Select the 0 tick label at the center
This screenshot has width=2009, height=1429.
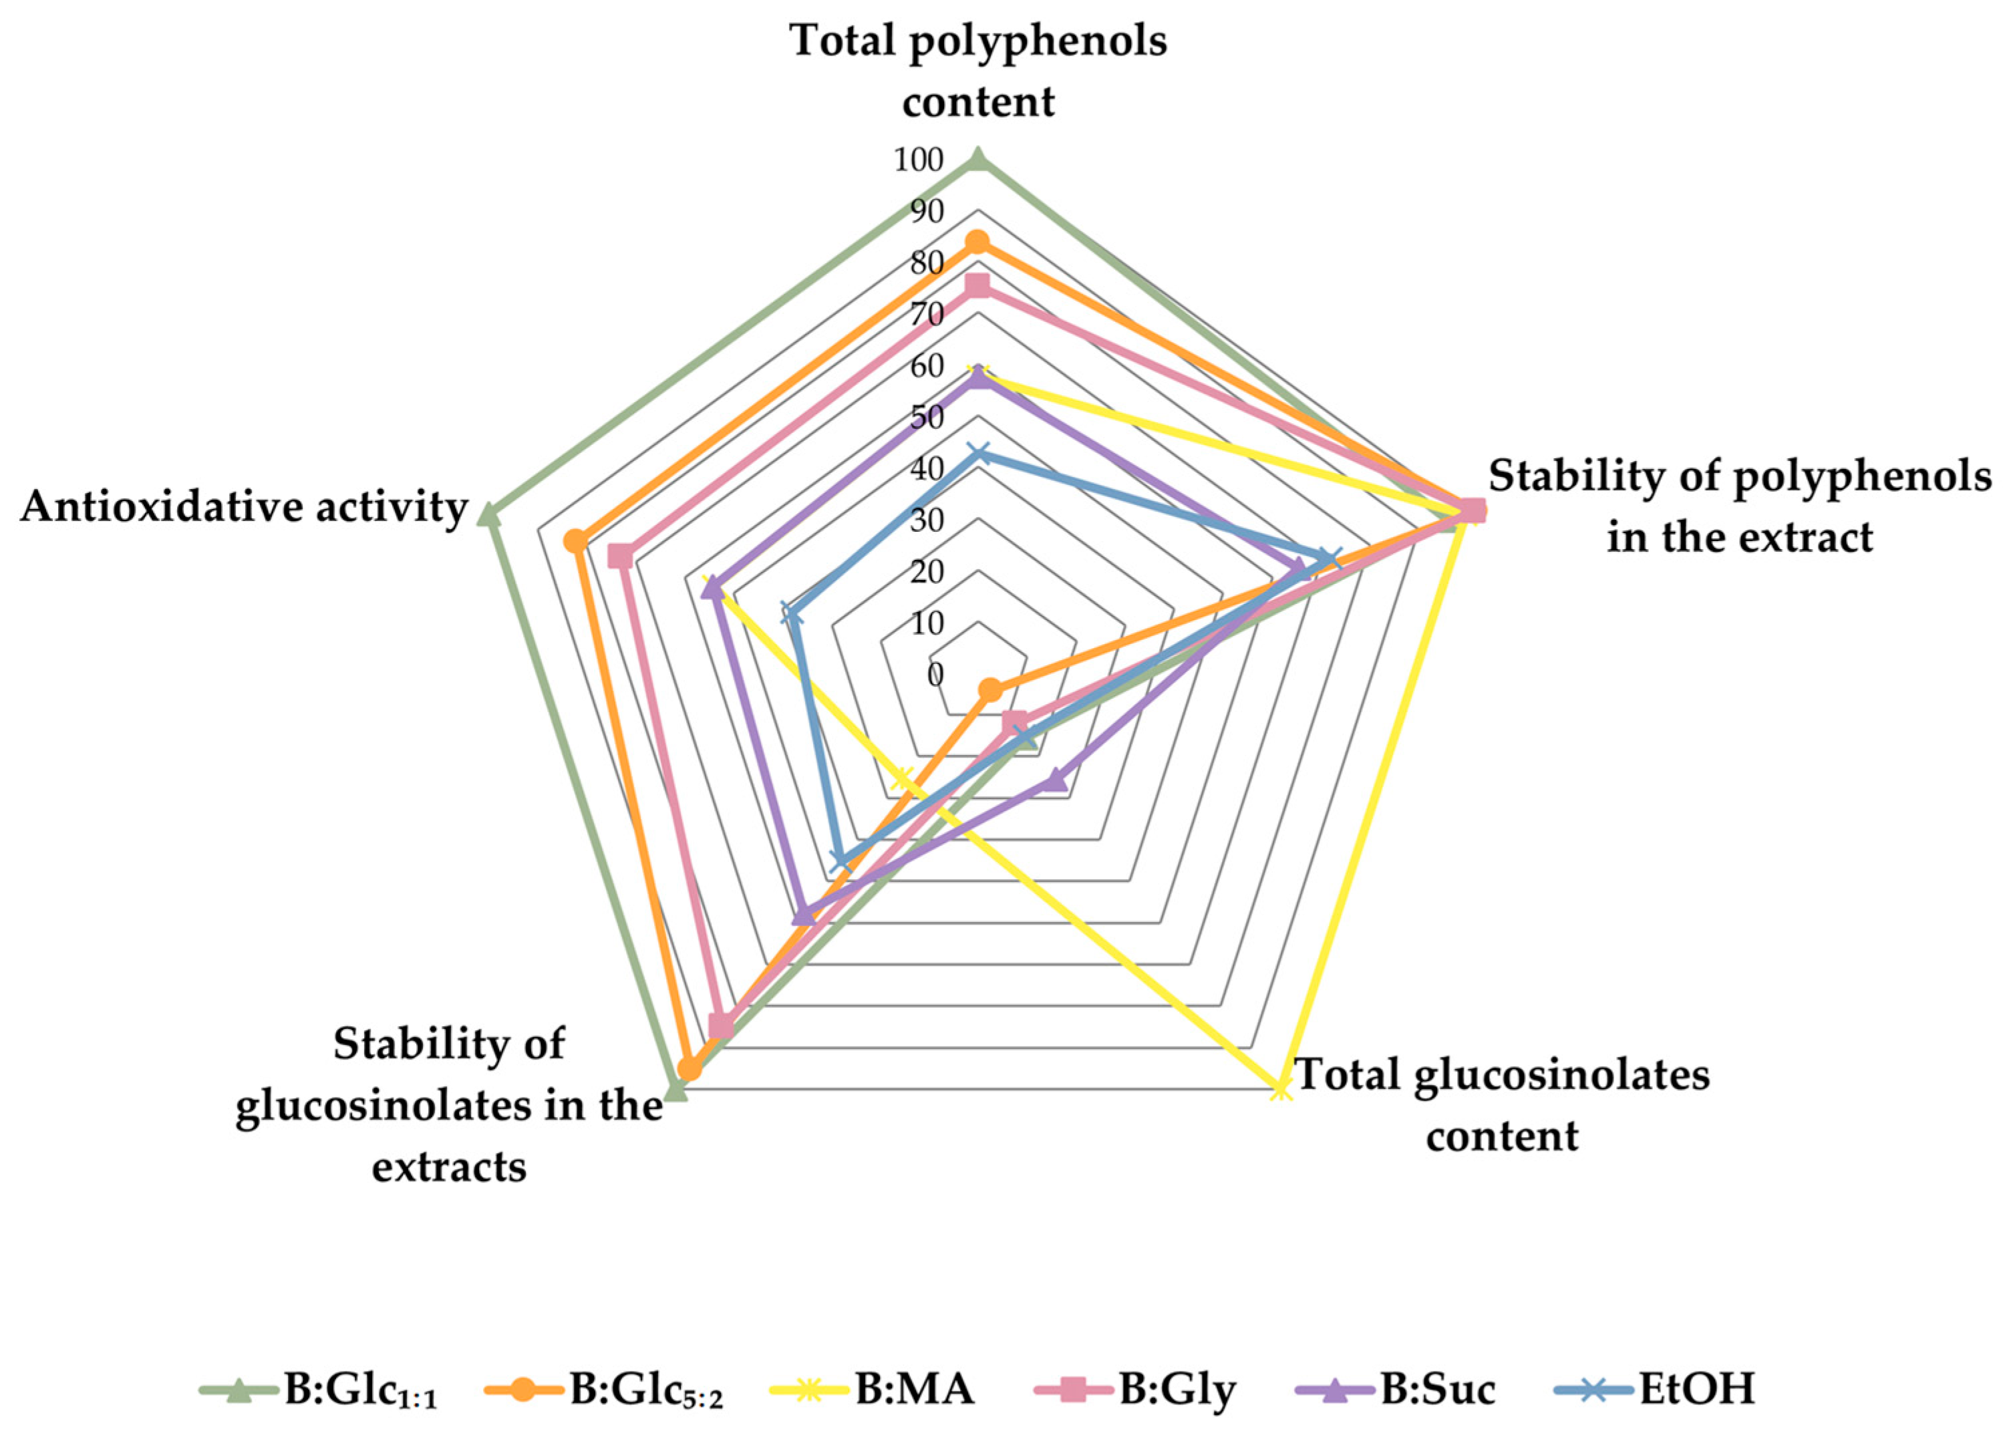(935, 675)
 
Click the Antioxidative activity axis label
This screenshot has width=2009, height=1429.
(243, 508)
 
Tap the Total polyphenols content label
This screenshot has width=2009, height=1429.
(977, 70)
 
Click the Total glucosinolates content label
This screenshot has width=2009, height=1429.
(1502, 1104)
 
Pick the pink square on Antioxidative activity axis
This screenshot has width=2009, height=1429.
(621, 557)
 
